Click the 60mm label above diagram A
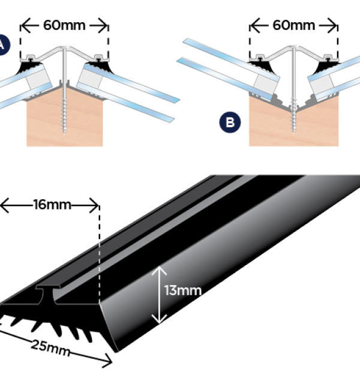64,25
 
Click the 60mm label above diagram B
293,25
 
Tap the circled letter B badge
230,123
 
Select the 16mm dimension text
52,205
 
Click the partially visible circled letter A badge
4,45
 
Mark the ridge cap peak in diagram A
64,47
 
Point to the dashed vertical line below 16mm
98,252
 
